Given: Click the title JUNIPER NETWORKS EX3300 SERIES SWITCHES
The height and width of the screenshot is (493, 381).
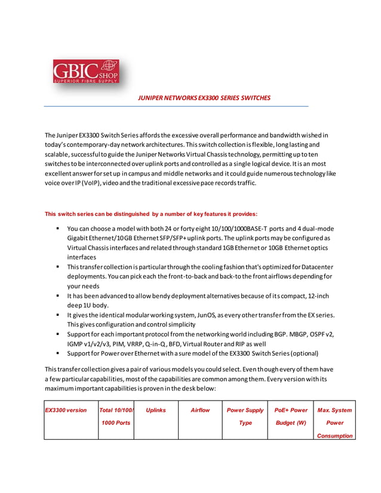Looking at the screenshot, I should (x=204, y=98).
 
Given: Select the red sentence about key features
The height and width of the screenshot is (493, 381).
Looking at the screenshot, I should (x=151, y=213).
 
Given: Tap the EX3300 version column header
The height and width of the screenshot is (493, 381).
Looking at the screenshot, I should (x=66, y=410).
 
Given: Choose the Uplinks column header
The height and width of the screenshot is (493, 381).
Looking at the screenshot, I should (x=155, y=410).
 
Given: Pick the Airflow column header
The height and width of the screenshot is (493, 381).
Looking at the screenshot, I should (x=200, y=410).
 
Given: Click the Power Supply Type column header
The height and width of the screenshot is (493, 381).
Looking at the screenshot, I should (x=245, y=416).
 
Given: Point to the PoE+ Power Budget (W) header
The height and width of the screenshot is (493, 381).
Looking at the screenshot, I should (x=291, y=416).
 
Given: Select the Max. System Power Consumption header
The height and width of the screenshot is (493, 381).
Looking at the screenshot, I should (x=334, y=423).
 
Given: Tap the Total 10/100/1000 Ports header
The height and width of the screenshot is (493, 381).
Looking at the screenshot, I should (x=115, y=416).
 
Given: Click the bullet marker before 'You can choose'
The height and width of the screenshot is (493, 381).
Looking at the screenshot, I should (x=58, y=229).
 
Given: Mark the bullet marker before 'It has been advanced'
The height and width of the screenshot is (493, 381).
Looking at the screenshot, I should (x=58, y=296).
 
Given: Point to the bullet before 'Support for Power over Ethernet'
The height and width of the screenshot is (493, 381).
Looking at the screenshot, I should (x=58, y=353).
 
